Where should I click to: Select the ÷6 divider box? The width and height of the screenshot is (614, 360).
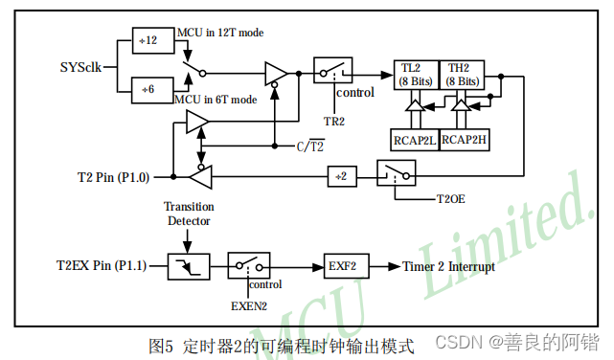point(149,88)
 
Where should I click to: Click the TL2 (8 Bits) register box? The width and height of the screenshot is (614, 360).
point(415,75)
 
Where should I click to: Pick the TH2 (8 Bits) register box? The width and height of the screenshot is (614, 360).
point(460,75)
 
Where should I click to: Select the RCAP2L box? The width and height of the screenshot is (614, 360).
point(415,140)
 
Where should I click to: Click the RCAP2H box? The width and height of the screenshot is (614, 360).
point(464,140)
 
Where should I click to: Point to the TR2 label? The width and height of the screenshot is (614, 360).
point(334,122)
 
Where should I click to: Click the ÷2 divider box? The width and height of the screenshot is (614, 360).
point(342,176)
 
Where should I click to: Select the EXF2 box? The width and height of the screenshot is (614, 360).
point(342,266)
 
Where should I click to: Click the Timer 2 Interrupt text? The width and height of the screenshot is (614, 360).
point(448,266)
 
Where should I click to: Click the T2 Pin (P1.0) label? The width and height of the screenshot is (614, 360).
point(113,177)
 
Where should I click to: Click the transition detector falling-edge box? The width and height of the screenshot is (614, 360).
point(188,266)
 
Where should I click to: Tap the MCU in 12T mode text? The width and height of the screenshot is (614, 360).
point(219,33)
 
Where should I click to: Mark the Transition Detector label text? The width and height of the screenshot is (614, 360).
point(189,214)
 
